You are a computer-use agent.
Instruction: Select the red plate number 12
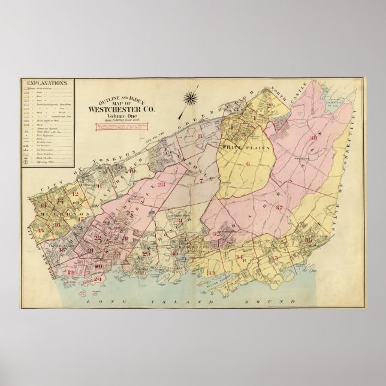(x=74, y=193)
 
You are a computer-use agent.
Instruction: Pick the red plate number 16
(x=57, y=225)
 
